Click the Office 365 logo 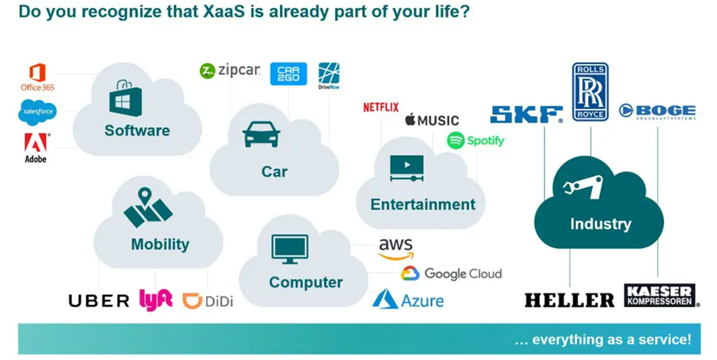37,77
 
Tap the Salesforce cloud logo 37,112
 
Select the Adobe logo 36,147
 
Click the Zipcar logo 230,70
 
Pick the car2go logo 288,74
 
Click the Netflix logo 381,108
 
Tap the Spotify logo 476,140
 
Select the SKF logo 526,115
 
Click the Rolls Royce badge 590,91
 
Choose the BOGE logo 657,112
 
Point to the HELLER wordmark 569,300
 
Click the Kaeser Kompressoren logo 661,295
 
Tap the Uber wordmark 99,301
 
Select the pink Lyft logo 155,300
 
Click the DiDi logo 207,301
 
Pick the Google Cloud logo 451,273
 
